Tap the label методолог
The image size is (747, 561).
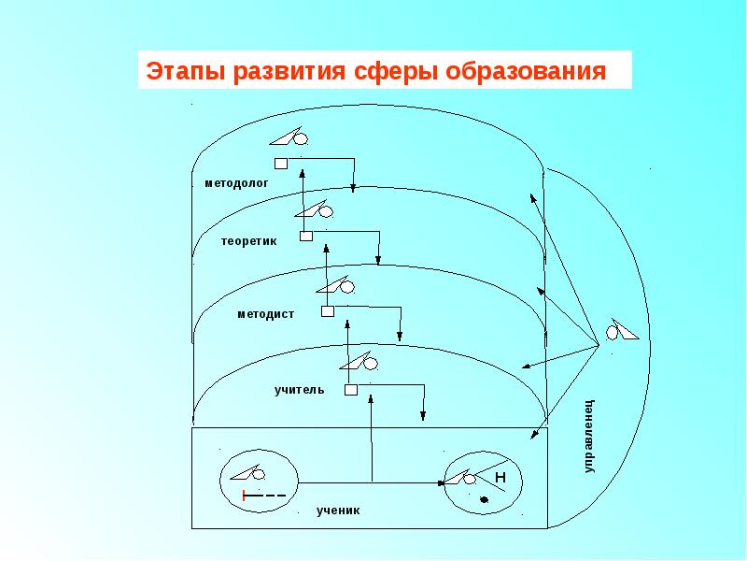236,184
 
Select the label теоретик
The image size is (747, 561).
249,241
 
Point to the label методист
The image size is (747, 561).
265,314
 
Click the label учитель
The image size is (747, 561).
299,389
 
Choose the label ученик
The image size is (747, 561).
337,511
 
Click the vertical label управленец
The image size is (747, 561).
589,436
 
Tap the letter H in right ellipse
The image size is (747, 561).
500,478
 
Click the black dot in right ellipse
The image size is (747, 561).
484,501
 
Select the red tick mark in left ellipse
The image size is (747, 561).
244,494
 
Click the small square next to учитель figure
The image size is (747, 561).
350,390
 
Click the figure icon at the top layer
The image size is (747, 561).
290,137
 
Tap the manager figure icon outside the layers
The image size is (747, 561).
623,330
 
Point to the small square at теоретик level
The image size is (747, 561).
305,237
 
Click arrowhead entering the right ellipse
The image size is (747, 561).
442,483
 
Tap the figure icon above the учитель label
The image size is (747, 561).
360,361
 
